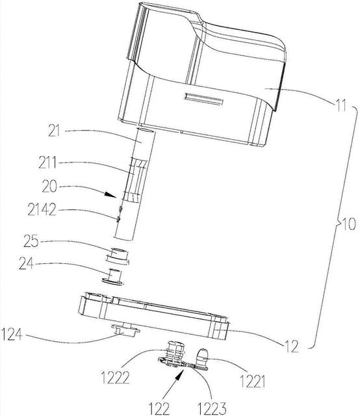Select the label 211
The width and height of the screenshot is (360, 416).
coord(47,162)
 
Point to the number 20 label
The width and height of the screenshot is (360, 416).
coord(49,187)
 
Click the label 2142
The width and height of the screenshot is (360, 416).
coord(42,210)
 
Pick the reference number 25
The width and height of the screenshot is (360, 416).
coord(31,241)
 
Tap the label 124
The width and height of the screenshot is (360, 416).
coord(12,334)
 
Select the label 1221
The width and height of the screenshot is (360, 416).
coord(252,382)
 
